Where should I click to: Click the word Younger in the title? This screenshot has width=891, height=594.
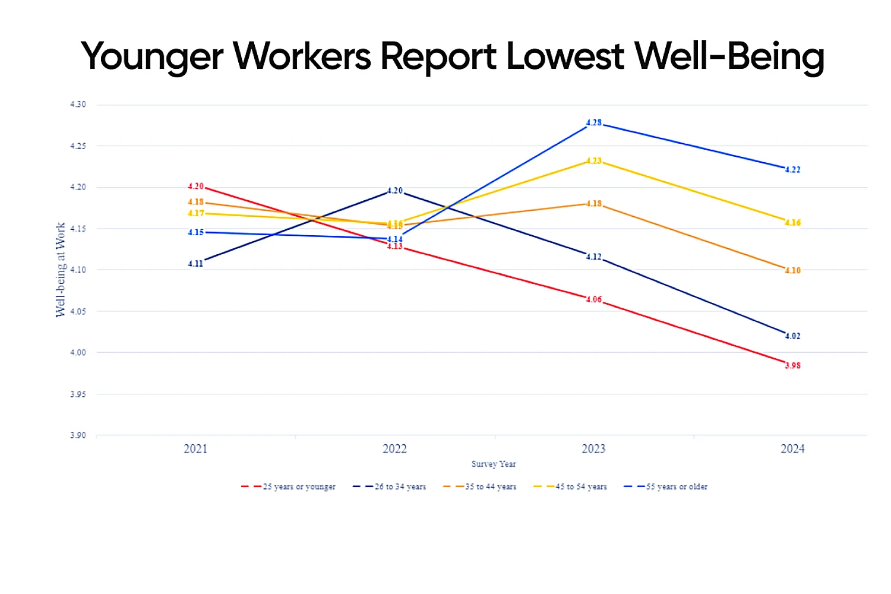151,58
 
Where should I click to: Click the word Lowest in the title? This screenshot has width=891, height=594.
564,56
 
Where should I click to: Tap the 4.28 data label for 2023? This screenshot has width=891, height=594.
594,123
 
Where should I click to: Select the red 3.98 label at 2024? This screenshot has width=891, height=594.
792,365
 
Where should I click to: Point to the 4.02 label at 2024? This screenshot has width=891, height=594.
792,336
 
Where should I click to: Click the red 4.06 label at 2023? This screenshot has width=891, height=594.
594,299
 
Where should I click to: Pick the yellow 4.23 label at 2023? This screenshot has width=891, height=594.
594,161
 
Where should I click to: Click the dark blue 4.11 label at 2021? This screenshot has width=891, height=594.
195,264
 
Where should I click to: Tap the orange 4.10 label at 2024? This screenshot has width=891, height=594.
792,270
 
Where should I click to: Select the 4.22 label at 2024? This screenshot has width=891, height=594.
792,169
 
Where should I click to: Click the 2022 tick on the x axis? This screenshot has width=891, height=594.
394,449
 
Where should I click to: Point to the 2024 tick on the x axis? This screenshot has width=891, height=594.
792,449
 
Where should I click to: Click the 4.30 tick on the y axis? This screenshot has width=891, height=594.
78,105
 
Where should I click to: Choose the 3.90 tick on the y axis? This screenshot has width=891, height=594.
78,435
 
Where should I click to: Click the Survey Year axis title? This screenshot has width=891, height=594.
494,464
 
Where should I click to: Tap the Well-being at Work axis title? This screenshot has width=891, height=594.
61,270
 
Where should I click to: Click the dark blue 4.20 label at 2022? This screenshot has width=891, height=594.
395,191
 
